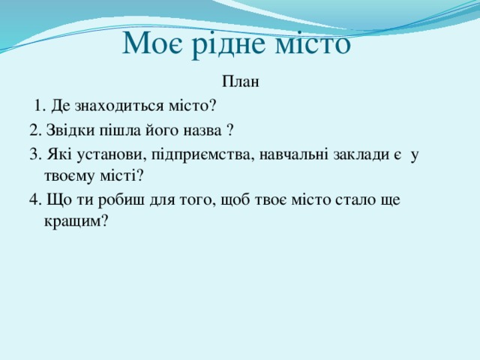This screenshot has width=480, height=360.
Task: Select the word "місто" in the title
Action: [x=313, y=43]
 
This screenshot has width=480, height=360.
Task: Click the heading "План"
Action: [x=240, y=82]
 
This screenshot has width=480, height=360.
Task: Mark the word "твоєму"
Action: [x=66, y=175]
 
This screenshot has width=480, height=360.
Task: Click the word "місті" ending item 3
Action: [x=119, y=175]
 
